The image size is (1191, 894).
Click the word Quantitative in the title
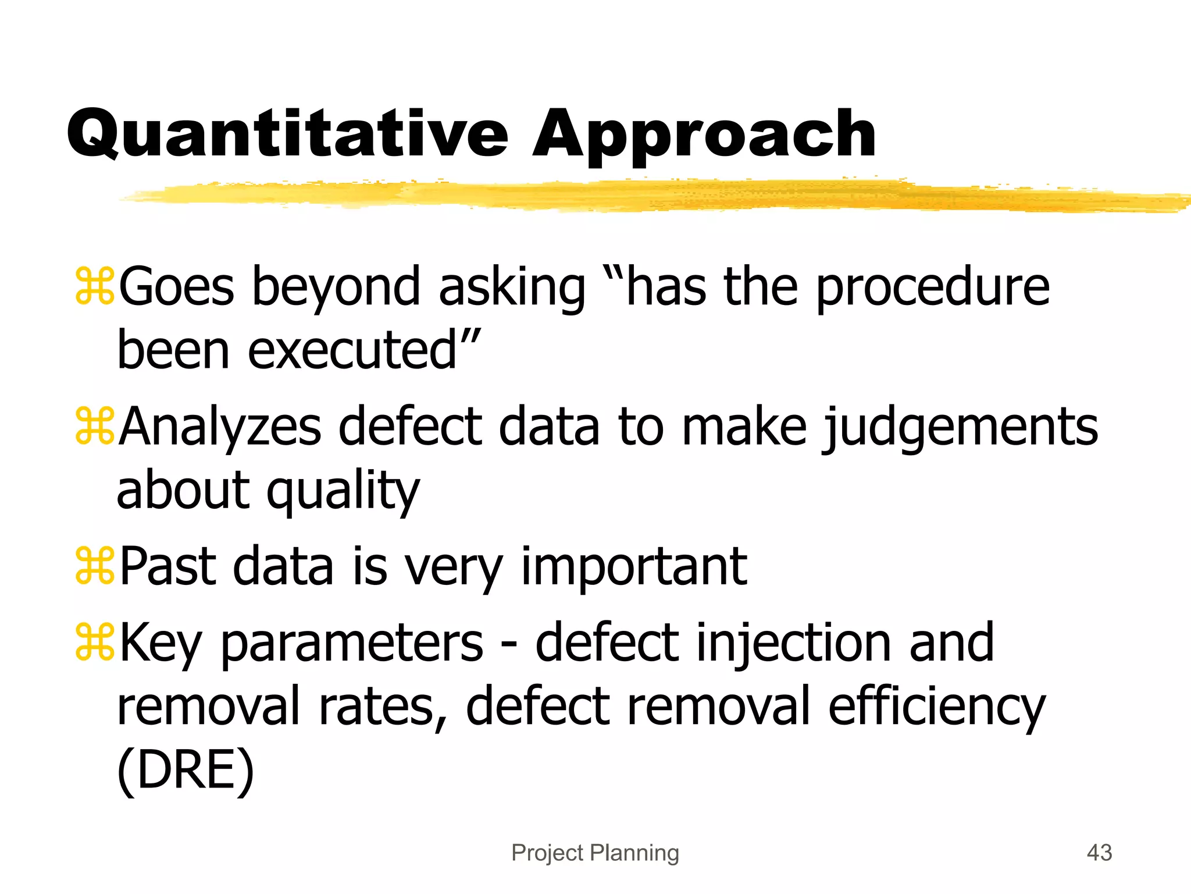[287, 135]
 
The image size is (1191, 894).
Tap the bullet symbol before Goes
[95, 286]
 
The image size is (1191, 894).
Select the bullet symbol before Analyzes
[95, 427]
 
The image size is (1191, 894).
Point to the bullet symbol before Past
[95, 566]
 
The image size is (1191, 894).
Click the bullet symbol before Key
[95, 642]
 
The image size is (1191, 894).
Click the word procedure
[932, 288]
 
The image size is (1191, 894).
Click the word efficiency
[936, 708]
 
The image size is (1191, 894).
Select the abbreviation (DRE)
[186, 770]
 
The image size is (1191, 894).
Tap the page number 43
[1099, 853]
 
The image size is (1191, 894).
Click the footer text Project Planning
[595, 853]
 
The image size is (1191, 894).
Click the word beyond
[336, 288]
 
